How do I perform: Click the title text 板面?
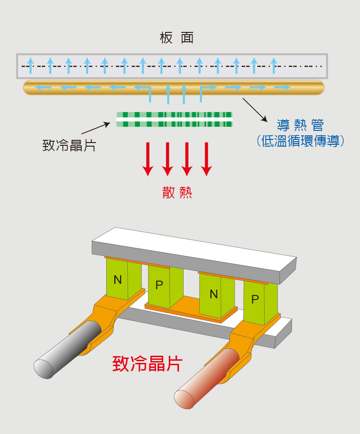(176, 38)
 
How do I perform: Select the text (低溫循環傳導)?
(301, 141)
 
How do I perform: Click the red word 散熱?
(177, 192)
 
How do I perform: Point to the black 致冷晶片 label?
(69, 145)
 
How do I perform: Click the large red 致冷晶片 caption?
(147, 363)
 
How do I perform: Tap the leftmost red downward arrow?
(148, 159)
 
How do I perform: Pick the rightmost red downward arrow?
(206, 159)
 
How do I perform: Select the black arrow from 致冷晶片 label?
(95, 128)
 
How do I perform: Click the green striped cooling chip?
(175, 120)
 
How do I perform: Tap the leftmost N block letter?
(117, 280)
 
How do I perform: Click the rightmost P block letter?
(255, 299)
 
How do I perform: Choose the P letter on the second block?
(159, 285)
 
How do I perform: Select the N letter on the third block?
(214, 294)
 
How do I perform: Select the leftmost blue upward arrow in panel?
(30, 65)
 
